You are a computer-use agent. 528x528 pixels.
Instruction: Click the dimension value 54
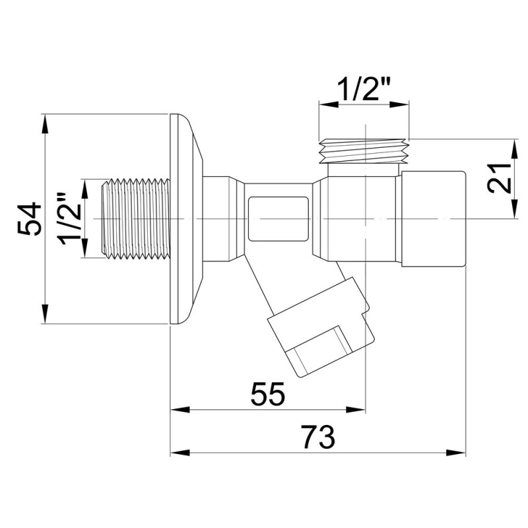(30, 219)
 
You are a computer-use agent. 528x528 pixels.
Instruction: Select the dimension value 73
(318, 437)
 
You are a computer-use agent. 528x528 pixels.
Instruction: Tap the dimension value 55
(268, 394)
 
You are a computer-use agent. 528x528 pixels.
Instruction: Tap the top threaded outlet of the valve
(364, 150)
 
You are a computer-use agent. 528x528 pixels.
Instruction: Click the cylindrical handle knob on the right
(433, 218)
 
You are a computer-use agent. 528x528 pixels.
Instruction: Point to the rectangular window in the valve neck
(278, 218)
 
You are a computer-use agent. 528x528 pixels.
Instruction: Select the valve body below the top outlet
(356, 218)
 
